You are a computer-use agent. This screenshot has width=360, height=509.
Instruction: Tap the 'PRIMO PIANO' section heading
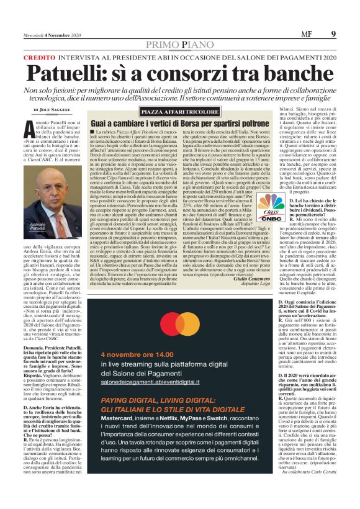coord(180,44)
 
